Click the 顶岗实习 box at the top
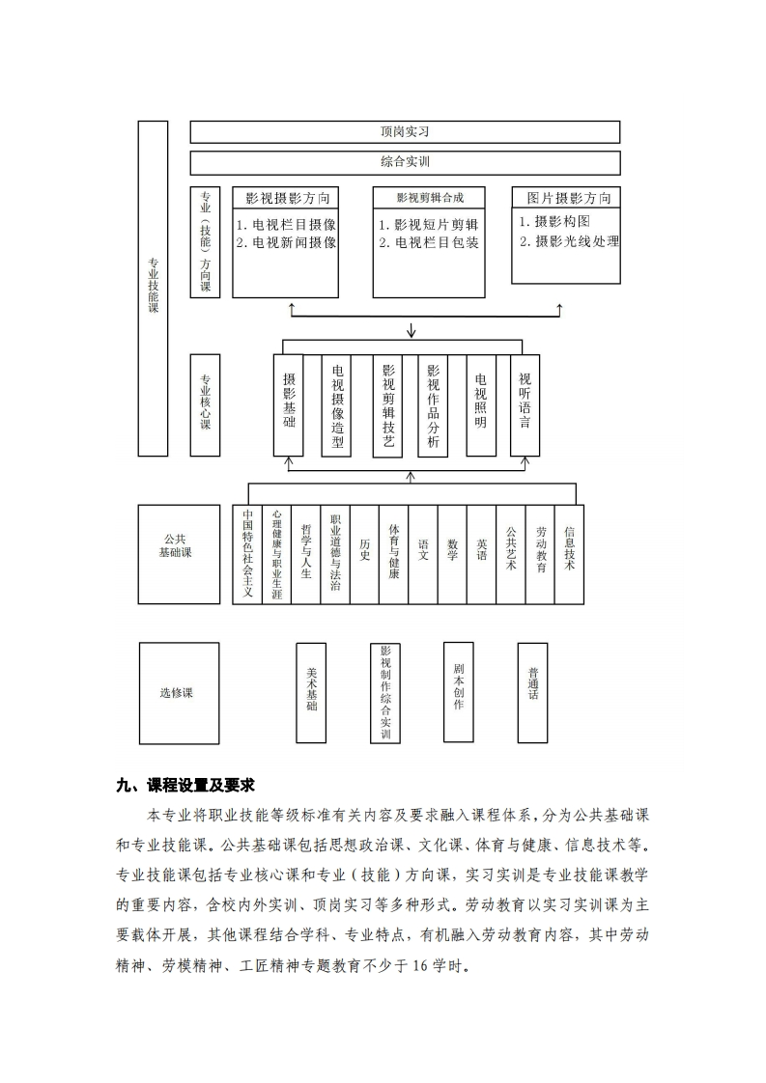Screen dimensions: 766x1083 coord(405,132)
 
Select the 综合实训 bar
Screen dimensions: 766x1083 coord(405,162)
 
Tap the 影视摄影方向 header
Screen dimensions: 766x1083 coord(286,198)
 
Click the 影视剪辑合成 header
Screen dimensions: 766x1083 coord(429,198)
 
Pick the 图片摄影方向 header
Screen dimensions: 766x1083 coord(566,198)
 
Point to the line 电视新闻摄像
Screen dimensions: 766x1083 coord(286,243)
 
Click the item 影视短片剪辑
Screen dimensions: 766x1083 coord(429,225)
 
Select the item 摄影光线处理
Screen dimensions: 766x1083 coord(570,241)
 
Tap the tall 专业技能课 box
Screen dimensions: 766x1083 coord(153,289)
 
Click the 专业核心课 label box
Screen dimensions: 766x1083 coord(206,405)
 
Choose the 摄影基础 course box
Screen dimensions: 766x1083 coord(288,405)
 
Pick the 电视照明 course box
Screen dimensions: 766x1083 coord(481,405)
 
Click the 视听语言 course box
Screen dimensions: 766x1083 coord(525,405)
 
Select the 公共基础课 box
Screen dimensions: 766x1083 coord(179,555)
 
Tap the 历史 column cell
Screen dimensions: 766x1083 coord(364,555)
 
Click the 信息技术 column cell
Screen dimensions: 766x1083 coord(570,555)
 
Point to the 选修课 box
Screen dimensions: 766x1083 coord(179,693)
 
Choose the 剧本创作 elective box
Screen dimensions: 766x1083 coord(459,693)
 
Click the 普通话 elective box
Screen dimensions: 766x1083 coord(533,693)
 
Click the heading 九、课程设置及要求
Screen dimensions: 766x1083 coord(186,786)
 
